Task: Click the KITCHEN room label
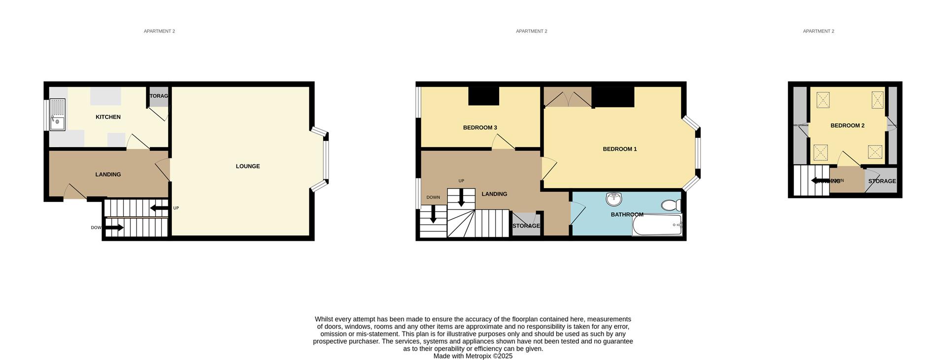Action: pos(108,117)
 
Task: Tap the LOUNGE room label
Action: pos(247,166)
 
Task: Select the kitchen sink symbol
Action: pos(57,115)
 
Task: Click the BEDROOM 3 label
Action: pos(479,128)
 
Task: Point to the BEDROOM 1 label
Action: pos(619,149)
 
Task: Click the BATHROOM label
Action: pos(627,215)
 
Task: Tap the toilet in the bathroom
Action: pos(670,205)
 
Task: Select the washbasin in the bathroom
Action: pos(614,199)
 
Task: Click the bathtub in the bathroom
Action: pos(657,226)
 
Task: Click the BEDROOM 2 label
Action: pos(847,126)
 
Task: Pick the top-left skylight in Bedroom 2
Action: pos(823,100)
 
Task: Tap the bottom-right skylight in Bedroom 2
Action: pos(875,152)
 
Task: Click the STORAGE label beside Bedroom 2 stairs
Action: pos(881,181)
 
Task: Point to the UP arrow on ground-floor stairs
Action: pos(159,208)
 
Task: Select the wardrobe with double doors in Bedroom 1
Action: pos(567,97)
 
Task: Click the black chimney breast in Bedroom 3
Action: pos(483,96)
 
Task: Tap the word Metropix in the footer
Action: pos(476,356)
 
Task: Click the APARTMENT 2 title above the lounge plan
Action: pos(159,31)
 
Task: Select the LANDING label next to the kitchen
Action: pos(108,175)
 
